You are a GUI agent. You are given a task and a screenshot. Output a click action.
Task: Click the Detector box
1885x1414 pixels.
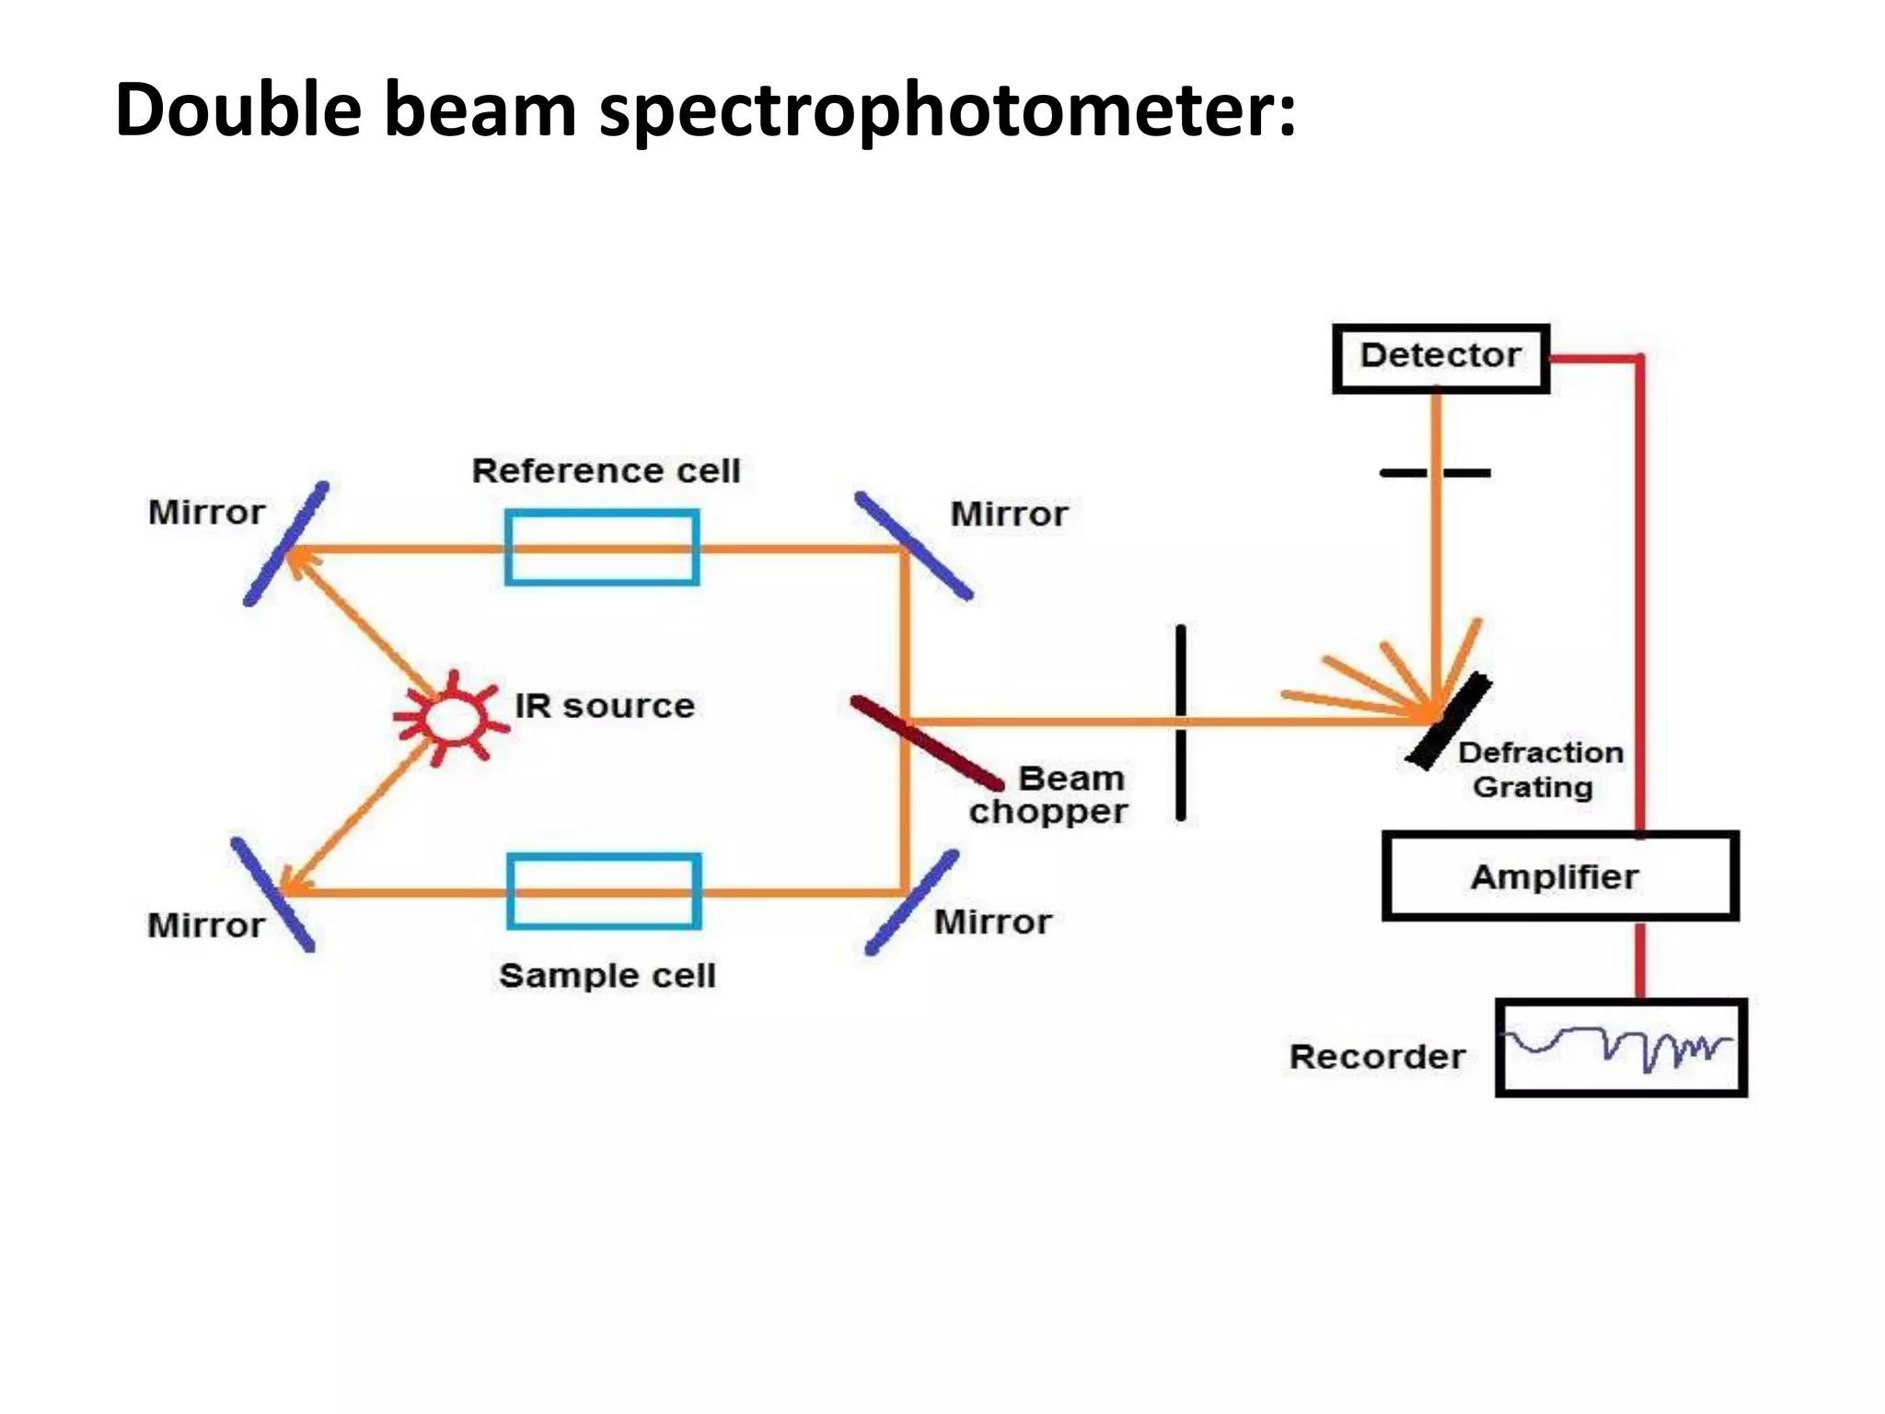(1440, 358)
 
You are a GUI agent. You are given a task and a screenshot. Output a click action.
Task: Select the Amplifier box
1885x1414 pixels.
(1559, 875)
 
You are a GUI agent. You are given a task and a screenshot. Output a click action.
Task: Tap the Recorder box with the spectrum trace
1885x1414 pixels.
(1621, 1048)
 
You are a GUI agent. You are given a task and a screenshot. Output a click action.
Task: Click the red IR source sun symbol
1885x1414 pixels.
(451, 719)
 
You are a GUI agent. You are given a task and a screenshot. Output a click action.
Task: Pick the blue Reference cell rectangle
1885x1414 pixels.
(602, 548)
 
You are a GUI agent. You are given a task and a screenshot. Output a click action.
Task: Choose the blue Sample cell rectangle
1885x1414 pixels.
(604, 891)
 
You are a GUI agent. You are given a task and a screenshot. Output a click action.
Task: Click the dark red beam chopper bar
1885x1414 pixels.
(926, 742)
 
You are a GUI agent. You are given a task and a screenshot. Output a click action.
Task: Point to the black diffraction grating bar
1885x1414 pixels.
(1449, 721)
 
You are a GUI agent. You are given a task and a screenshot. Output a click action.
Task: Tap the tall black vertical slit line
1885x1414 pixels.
(1181, 723)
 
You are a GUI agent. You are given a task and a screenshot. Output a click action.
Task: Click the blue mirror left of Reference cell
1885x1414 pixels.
(285, 544)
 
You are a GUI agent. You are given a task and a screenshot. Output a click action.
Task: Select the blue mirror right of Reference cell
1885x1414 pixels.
(913, 546)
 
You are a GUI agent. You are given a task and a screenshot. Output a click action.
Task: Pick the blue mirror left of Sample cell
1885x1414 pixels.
(272, 894)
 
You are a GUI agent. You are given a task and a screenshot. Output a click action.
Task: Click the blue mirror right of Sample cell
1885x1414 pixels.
(912, 902)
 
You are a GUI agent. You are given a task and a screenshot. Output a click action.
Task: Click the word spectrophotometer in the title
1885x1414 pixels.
(947, 110)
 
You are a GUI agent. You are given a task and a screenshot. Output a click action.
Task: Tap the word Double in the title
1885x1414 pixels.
(238, 110)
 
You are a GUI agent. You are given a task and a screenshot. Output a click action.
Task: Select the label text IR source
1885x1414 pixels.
(605, 706)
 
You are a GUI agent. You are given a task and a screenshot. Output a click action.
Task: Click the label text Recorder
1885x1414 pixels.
(1377, 1057)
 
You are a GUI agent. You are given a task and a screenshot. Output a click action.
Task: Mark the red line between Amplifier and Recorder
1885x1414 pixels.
(1640, 959)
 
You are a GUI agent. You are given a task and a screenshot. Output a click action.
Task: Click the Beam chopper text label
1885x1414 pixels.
(1049, 795)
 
